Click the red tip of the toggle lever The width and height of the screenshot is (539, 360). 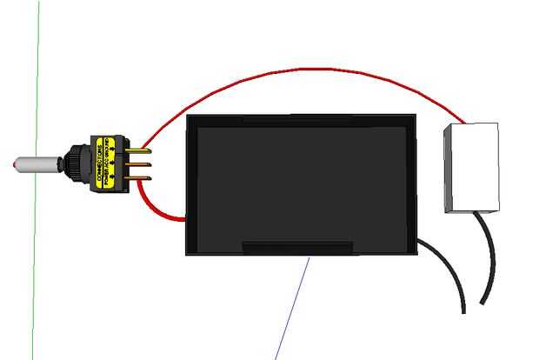(17, 163)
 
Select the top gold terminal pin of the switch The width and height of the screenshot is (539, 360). (139, 148)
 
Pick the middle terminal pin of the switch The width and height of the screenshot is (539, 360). (139, 163)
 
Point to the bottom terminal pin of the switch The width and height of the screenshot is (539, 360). (139, 177)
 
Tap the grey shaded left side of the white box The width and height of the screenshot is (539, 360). (449, 170)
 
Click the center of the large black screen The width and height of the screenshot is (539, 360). (303, 183)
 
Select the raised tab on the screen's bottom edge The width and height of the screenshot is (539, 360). (297, 248)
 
